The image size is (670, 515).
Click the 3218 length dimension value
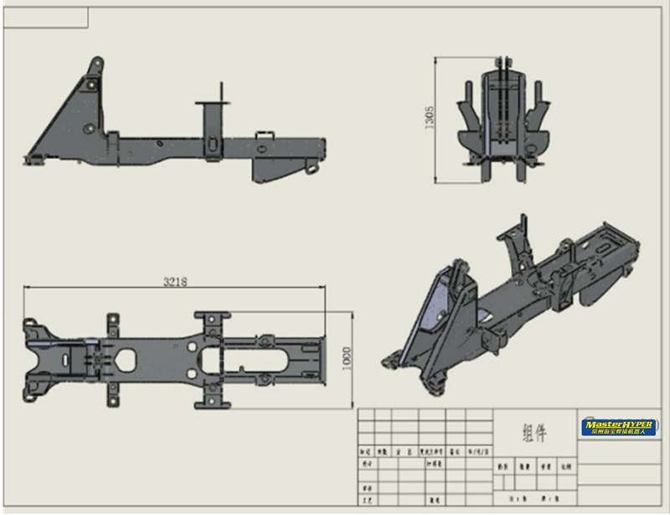[174, 282]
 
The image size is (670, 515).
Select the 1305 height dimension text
[430, 117]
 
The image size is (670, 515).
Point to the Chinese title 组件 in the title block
[534, 433]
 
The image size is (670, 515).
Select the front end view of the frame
[503, 122]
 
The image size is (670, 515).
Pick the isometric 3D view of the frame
[511, 302]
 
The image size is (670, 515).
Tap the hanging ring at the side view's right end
[312, 169]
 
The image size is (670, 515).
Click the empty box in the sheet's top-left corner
[46, 16]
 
